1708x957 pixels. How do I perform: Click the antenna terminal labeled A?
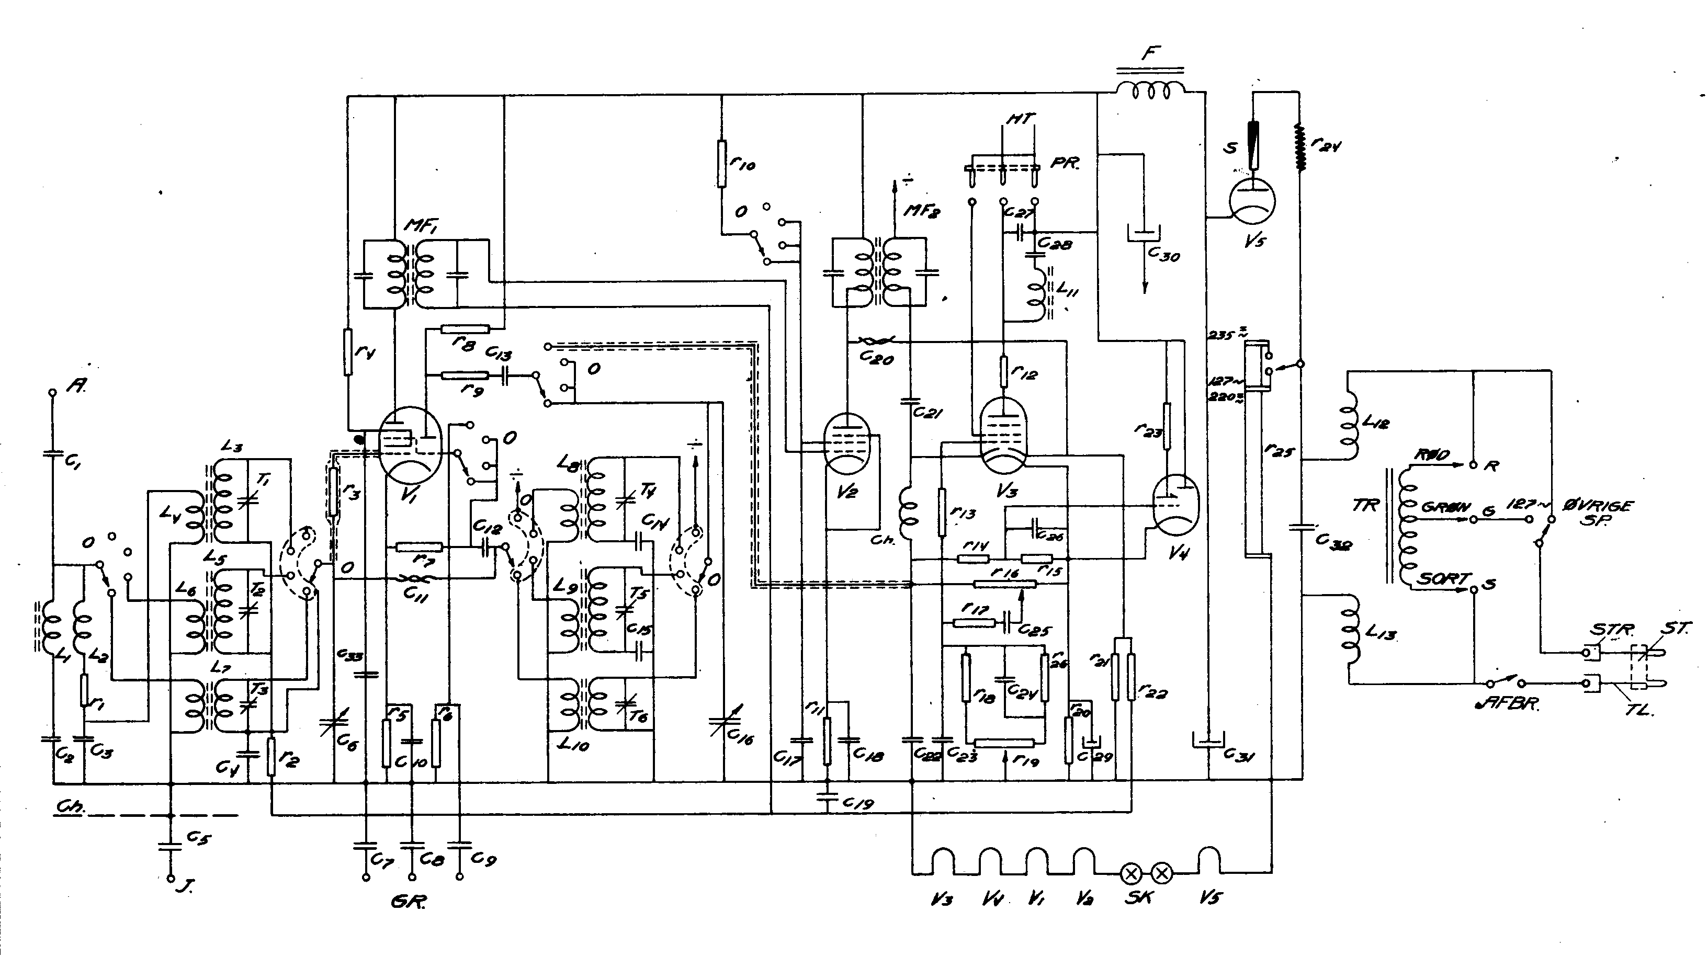pyautogui.click(x=53, y=392)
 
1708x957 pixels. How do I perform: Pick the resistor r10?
pyautogui.click(x=722, y=162)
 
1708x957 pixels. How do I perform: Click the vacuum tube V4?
pyautogui.click(x=1175, y=504)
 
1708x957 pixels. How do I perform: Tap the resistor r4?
pyautogui.click(x=347, y=351)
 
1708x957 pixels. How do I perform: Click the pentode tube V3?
pyautogui.click(x=1003, y=434)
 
